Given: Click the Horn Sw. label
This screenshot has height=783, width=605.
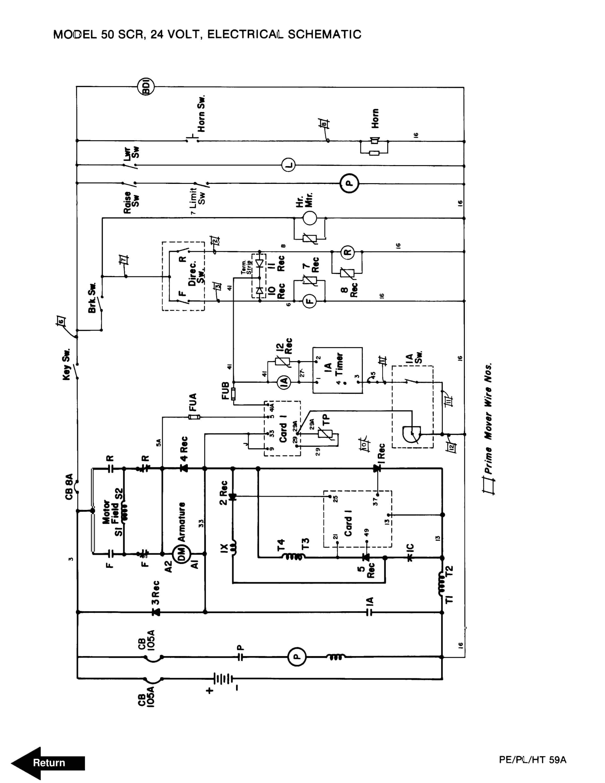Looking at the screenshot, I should (x=201, y=114).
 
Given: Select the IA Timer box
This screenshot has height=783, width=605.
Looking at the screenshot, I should (x=337, y=370).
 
